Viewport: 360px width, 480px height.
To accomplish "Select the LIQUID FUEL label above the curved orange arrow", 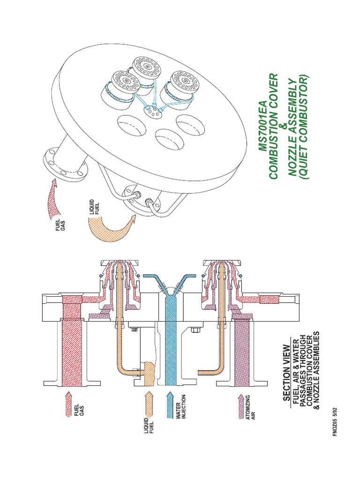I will pyautogui.click(x=95, y=206).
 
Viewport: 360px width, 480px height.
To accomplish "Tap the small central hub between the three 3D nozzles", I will pyautogui.click(x=153, y=111).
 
